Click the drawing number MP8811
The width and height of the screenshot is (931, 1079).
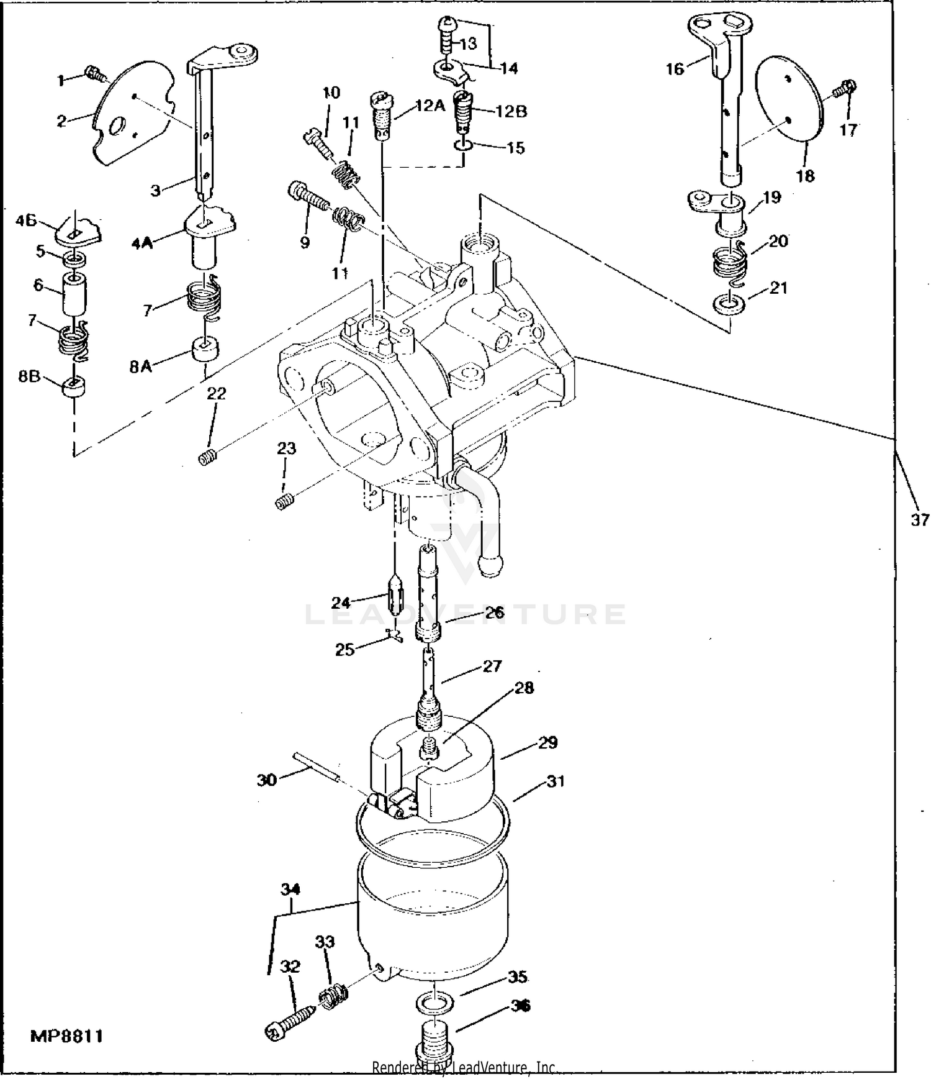pyautogui.click(x=67, y=1036)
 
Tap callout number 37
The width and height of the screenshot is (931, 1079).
pyautogui.click(x=919, y=519)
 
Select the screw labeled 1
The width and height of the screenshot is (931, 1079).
pyautogui.click(x=96, y=73)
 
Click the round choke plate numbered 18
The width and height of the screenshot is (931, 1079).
pyautogui.click(x=789, y=107)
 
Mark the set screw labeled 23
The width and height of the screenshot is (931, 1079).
pyautogui.click(x=284, y=501)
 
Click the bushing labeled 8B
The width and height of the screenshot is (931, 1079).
pyautogui.click(x=74, y=389)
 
